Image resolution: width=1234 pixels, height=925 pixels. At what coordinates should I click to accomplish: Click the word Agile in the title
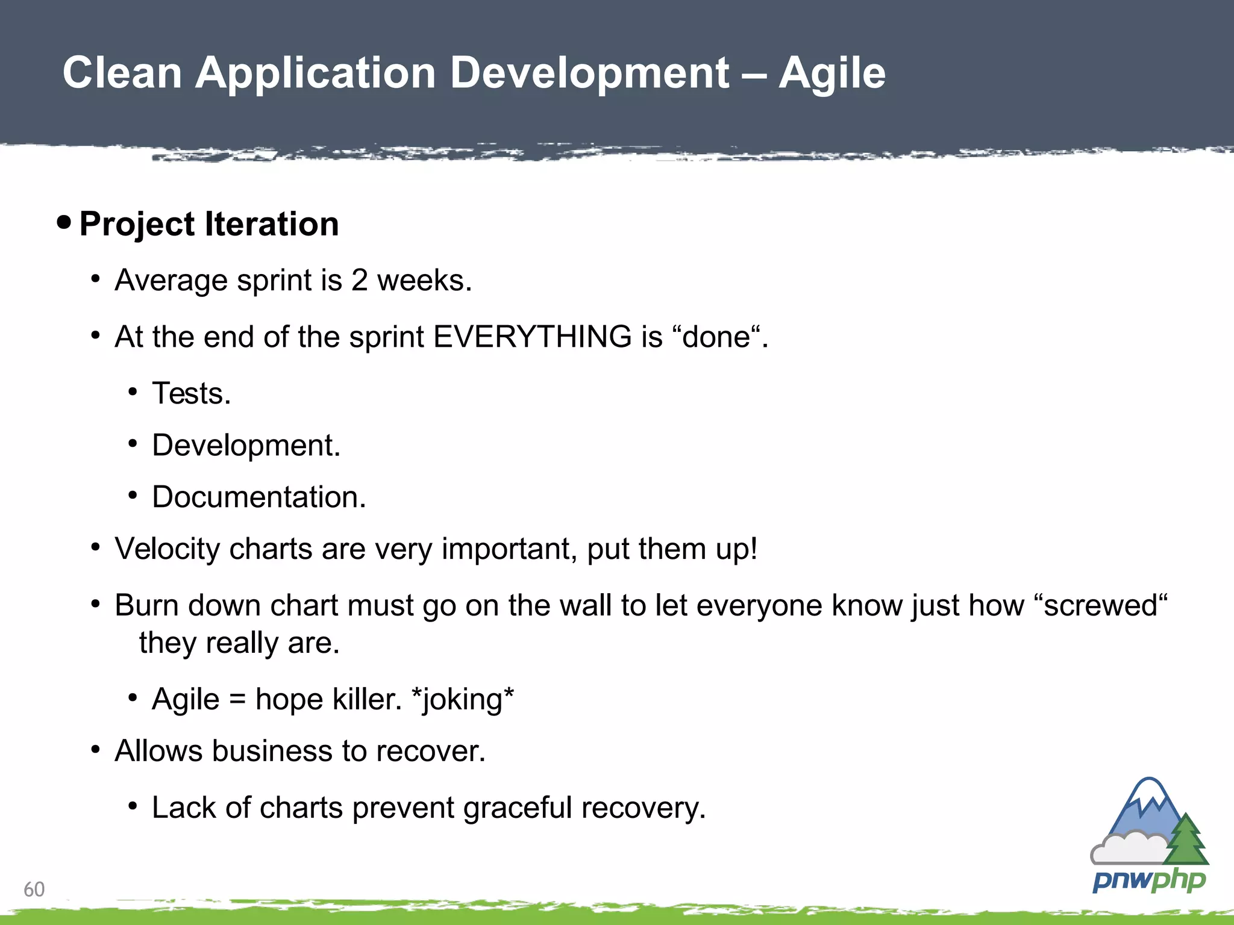[x=832, y=73]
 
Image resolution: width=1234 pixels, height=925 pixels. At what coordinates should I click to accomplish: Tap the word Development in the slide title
[x=589, y=73]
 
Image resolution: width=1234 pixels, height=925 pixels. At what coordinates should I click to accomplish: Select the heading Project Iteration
[x=208, y=224]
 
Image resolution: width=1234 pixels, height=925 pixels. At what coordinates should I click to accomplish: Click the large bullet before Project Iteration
[x=64, y=223]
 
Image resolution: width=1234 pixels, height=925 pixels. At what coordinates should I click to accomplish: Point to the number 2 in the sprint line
[x=360, y=280]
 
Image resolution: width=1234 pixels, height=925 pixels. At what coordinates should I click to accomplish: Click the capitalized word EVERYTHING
[x=532, y=337]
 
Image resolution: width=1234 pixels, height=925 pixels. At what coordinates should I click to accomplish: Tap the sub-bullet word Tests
[x=191, y=393]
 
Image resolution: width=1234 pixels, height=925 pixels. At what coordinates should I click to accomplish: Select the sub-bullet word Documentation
[x=258, y=497]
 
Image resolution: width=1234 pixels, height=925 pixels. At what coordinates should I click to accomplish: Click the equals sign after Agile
[x=237, y=700]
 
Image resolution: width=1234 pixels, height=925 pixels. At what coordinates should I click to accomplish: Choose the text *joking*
[x=462, y=700]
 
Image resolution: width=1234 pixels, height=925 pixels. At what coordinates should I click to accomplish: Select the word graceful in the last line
[x=518, y=808]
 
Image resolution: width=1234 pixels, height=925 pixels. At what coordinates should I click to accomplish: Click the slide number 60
[x=34, y=889]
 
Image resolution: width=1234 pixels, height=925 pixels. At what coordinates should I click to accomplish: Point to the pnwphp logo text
[x=1148, y=880]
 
